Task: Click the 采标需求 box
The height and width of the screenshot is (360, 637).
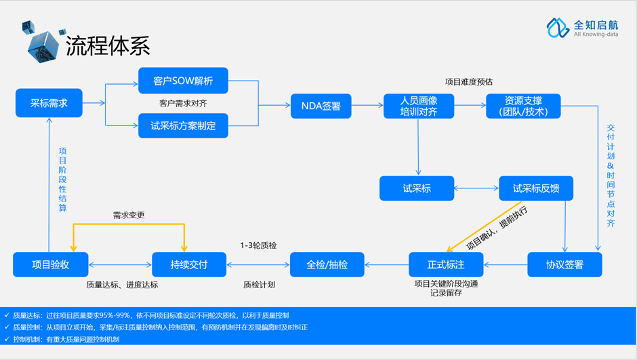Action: [x=49, y=103]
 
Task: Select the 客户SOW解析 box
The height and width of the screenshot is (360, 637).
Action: [x=183, y=81]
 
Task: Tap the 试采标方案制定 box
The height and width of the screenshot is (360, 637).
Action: [x=183, y=125]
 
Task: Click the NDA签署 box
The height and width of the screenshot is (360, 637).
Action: [x=321, y=106]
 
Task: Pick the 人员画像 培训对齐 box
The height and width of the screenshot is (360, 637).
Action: [x=419, y=106]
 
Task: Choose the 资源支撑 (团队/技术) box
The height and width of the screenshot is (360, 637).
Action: [x=523, y=106]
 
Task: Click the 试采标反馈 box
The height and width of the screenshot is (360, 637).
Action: [x=536, y=188]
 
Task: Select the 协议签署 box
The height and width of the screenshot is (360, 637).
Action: [x=564, y=264]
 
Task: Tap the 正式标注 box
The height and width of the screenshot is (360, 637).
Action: [x=446, y=264]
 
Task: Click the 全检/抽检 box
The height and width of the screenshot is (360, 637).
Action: [x=327, y=264]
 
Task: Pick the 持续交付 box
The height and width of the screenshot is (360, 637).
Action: [x=189, y=264]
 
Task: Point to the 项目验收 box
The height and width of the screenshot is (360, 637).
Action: [x=50, y=264]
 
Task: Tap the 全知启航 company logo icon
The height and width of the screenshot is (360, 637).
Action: [x=558, y=28]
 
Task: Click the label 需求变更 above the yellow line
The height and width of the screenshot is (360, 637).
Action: [x=129, y=216]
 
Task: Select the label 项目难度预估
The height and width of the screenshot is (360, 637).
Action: [x=469, y=82]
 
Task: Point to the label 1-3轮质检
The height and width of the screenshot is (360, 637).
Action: [x=258, y=245]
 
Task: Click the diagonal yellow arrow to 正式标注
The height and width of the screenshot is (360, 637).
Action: [x=483, y=226]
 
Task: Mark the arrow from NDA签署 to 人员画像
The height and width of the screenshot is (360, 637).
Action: [x=367, y=105]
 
